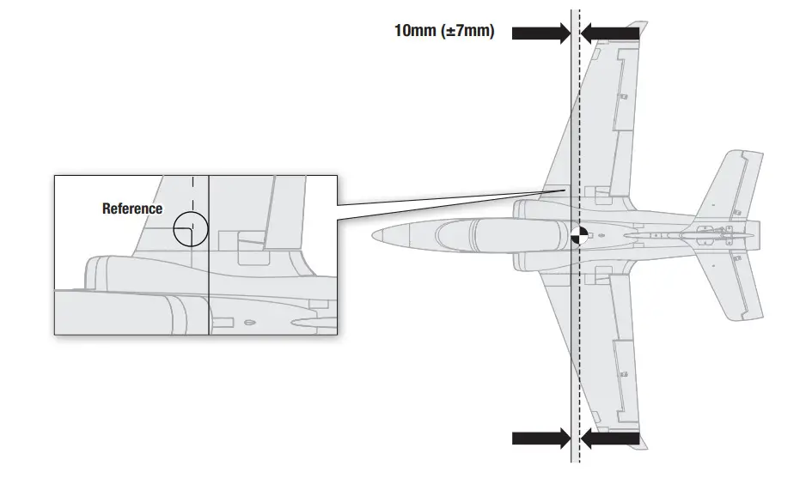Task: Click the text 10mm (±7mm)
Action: (443, 31)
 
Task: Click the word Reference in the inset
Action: (132, 209)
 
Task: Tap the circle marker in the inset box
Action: (190, 229)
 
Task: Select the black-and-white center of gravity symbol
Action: (579, 233)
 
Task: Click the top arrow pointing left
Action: (609, 33)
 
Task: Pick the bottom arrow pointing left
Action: (609, 439)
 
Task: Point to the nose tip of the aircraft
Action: (375, 233)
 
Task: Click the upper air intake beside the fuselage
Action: (528, 208)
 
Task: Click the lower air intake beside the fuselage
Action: (528, 260)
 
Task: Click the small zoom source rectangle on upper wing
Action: (556, 195)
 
